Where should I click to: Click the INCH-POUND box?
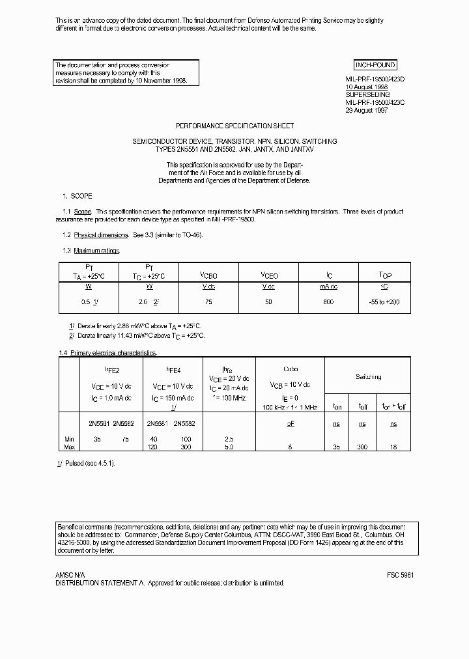[x=375, y=65]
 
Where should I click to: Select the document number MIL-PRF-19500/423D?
[x=375, y=79]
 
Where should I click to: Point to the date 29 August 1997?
[x=366, y=111]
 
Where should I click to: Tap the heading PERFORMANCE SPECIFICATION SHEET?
[x=235, y=126]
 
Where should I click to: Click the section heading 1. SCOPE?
[x=78, y=196]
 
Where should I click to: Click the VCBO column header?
[x=208, y=275]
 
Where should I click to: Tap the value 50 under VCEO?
[x=269, y=302]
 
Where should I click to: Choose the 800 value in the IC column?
[x=328, y=302]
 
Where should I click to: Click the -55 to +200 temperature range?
[x=385, y=302]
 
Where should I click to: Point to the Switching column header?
[x=368, y=377]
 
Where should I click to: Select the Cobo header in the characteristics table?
[x=291, y=369]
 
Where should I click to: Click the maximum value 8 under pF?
[x=291, y=447]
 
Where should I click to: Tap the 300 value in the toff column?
[x=362, y=447]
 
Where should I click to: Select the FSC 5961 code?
[x=400, y=576]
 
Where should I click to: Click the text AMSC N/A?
[x=70, y=576]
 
